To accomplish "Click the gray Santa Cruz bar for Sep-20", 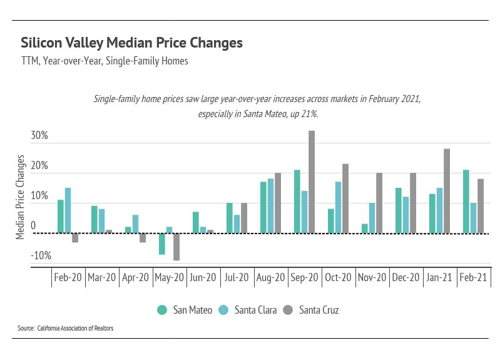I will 312,182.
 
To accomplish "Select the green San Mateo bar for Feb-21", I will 466,202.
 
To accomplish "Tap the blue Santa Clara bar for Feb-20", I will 68,210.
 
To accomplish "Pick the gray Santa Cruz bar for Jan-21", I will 447,191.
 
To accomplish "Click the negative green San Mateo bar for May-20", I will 161,244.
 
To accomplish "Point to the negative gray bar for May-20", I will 176,247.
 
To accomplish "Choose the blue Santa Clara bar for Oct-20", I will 338,207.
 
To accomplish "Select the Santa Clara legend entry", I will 248,309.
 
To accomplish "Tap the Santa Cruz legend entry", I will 312,309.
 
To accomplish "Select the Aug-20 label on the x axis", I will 271,277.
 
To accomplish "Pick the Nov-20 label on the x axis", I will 372,277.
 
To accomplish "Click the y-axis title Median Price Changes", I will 20,197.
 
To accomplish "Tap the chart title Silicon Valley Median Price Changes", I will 131,43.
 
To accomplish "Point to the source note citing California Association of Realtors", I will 66,328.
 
